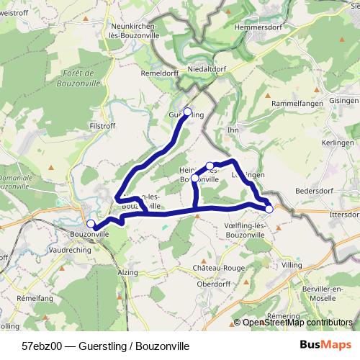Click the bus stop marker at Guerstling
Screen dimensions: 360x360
(188, 112)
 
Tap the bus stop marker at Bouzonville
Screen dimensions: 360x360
(91, 224)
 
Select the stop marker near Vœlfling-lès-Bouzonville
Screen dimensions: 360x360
(269, 209)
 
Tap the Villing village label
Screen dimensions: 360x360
(293, 265)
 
